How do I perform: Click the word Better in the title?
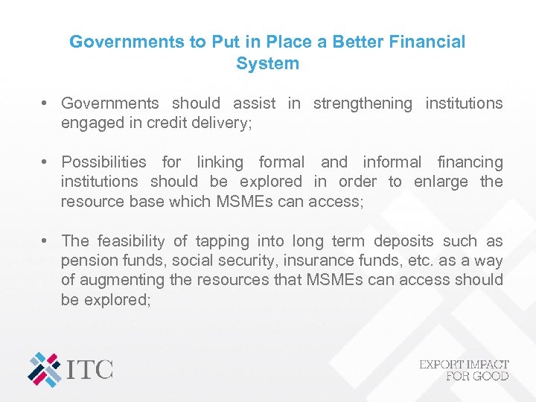(345, 42)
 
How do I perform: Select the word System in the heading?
(267, 64)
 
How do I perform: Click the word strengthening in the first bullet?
(363, 103)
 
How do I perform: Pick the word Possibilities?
(104, 162)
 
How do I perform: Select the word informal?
(392, 162)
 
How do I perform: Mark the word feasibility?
(130, 241)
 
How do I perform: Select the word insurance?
(351, 261)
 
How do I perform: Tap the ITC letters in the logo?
(89, 368)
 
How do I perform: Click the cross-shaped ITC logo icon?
(45, 368)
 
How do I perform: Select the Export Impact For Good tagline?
(464, 369)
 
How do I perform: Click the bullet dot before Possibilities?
(45, 162)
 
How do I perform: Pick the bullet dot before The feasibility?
(45, 241)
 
